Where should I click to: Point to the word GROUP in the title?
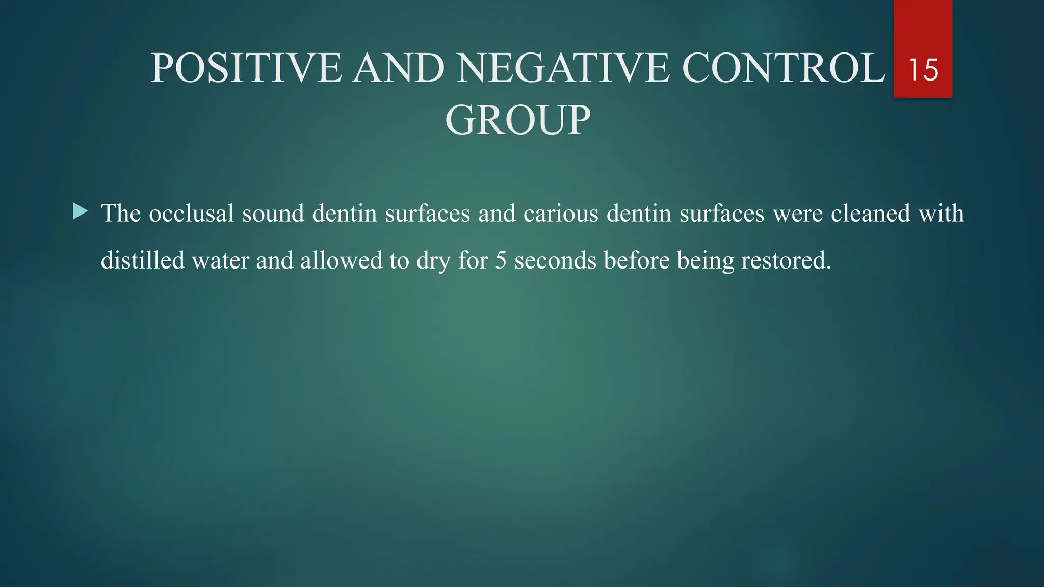point(517,120)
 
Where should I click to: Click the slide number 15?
point(923,70)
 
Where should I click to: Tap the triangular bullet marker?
point(80,211)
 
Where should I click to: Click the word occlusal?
point(191,213)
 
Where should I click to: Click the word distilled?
point(143,260)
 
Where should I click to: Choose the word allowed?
point(341,260)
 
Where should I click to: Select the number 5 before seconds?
point(501,260)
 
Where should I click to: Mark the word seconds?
point(555,260)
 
